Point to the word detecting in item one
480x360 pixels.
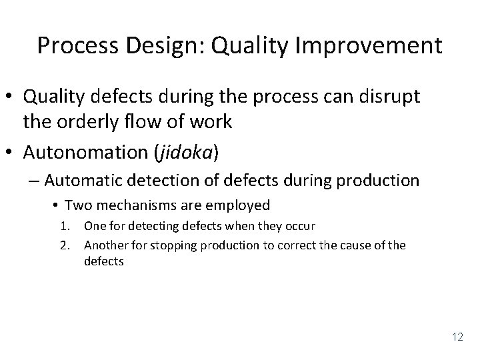point(148,226)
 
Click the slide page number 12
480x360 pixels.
point(457,337)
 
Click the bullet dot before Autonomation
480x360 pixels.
point(11,152)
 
